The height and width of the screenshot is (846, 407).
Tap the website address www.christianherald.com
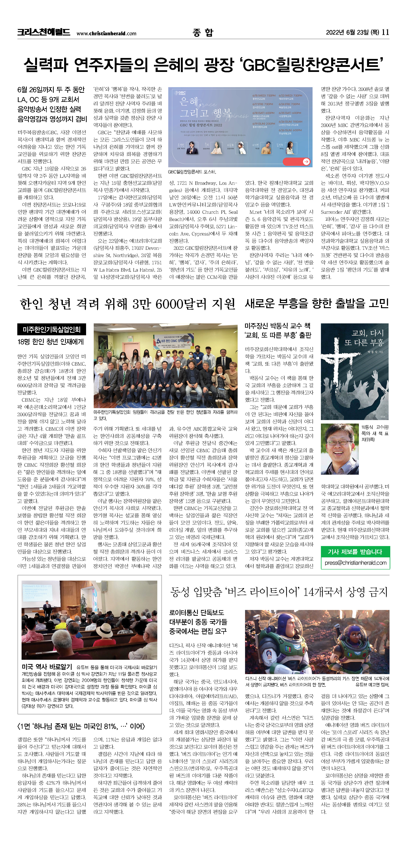click(x=106, y=33)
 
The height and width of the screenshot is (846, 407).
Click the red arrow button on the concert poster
click(x=306, y=161)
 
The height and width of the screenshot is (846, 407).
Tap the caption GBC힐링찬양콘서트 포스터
click(x=192, y=172)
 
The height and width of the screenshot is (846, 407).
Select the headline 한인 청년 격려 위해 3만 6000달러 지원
click(x=127, y=304)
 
